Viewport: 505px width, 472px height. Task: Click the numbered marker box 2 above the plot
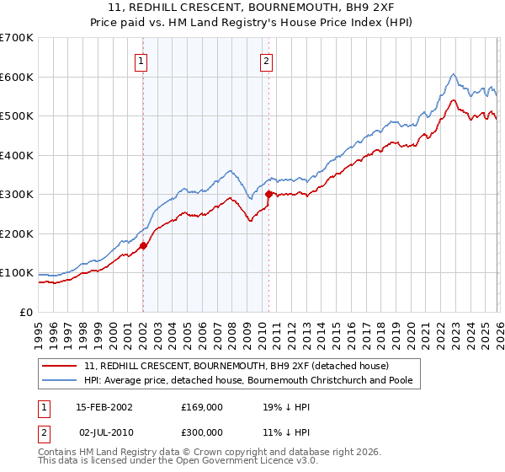tap(266, 61)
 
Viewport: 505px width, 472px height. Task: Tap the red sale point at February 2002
tap(143, 246)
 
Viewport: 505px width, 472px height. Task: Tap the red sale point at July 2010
tap(268, 195)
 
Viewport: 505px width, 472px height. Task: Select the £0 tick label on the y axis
tap(25, 313)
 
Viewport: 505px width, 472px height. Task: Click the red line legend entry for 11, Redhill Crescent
tap(236, 367)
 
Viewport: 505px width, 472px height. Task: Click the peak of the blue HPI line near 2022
tap(453, 74)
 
